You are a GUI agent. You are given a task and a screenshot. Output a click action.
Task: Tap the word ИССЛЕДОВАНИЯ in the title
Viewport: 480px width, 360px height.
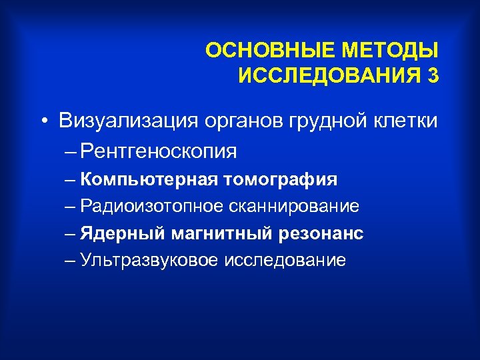(325, 76)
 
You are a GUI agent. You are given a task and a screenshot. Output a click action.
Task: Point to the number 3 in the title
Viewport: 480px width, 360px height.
(434, 76)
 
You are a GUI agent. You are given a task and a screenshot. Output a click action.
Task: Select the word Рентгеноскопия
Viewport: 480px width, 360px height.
(157, 152)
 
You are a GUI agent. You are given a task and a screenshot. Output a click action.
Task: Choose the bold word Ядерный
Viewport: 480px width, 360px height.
(110, 233)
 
